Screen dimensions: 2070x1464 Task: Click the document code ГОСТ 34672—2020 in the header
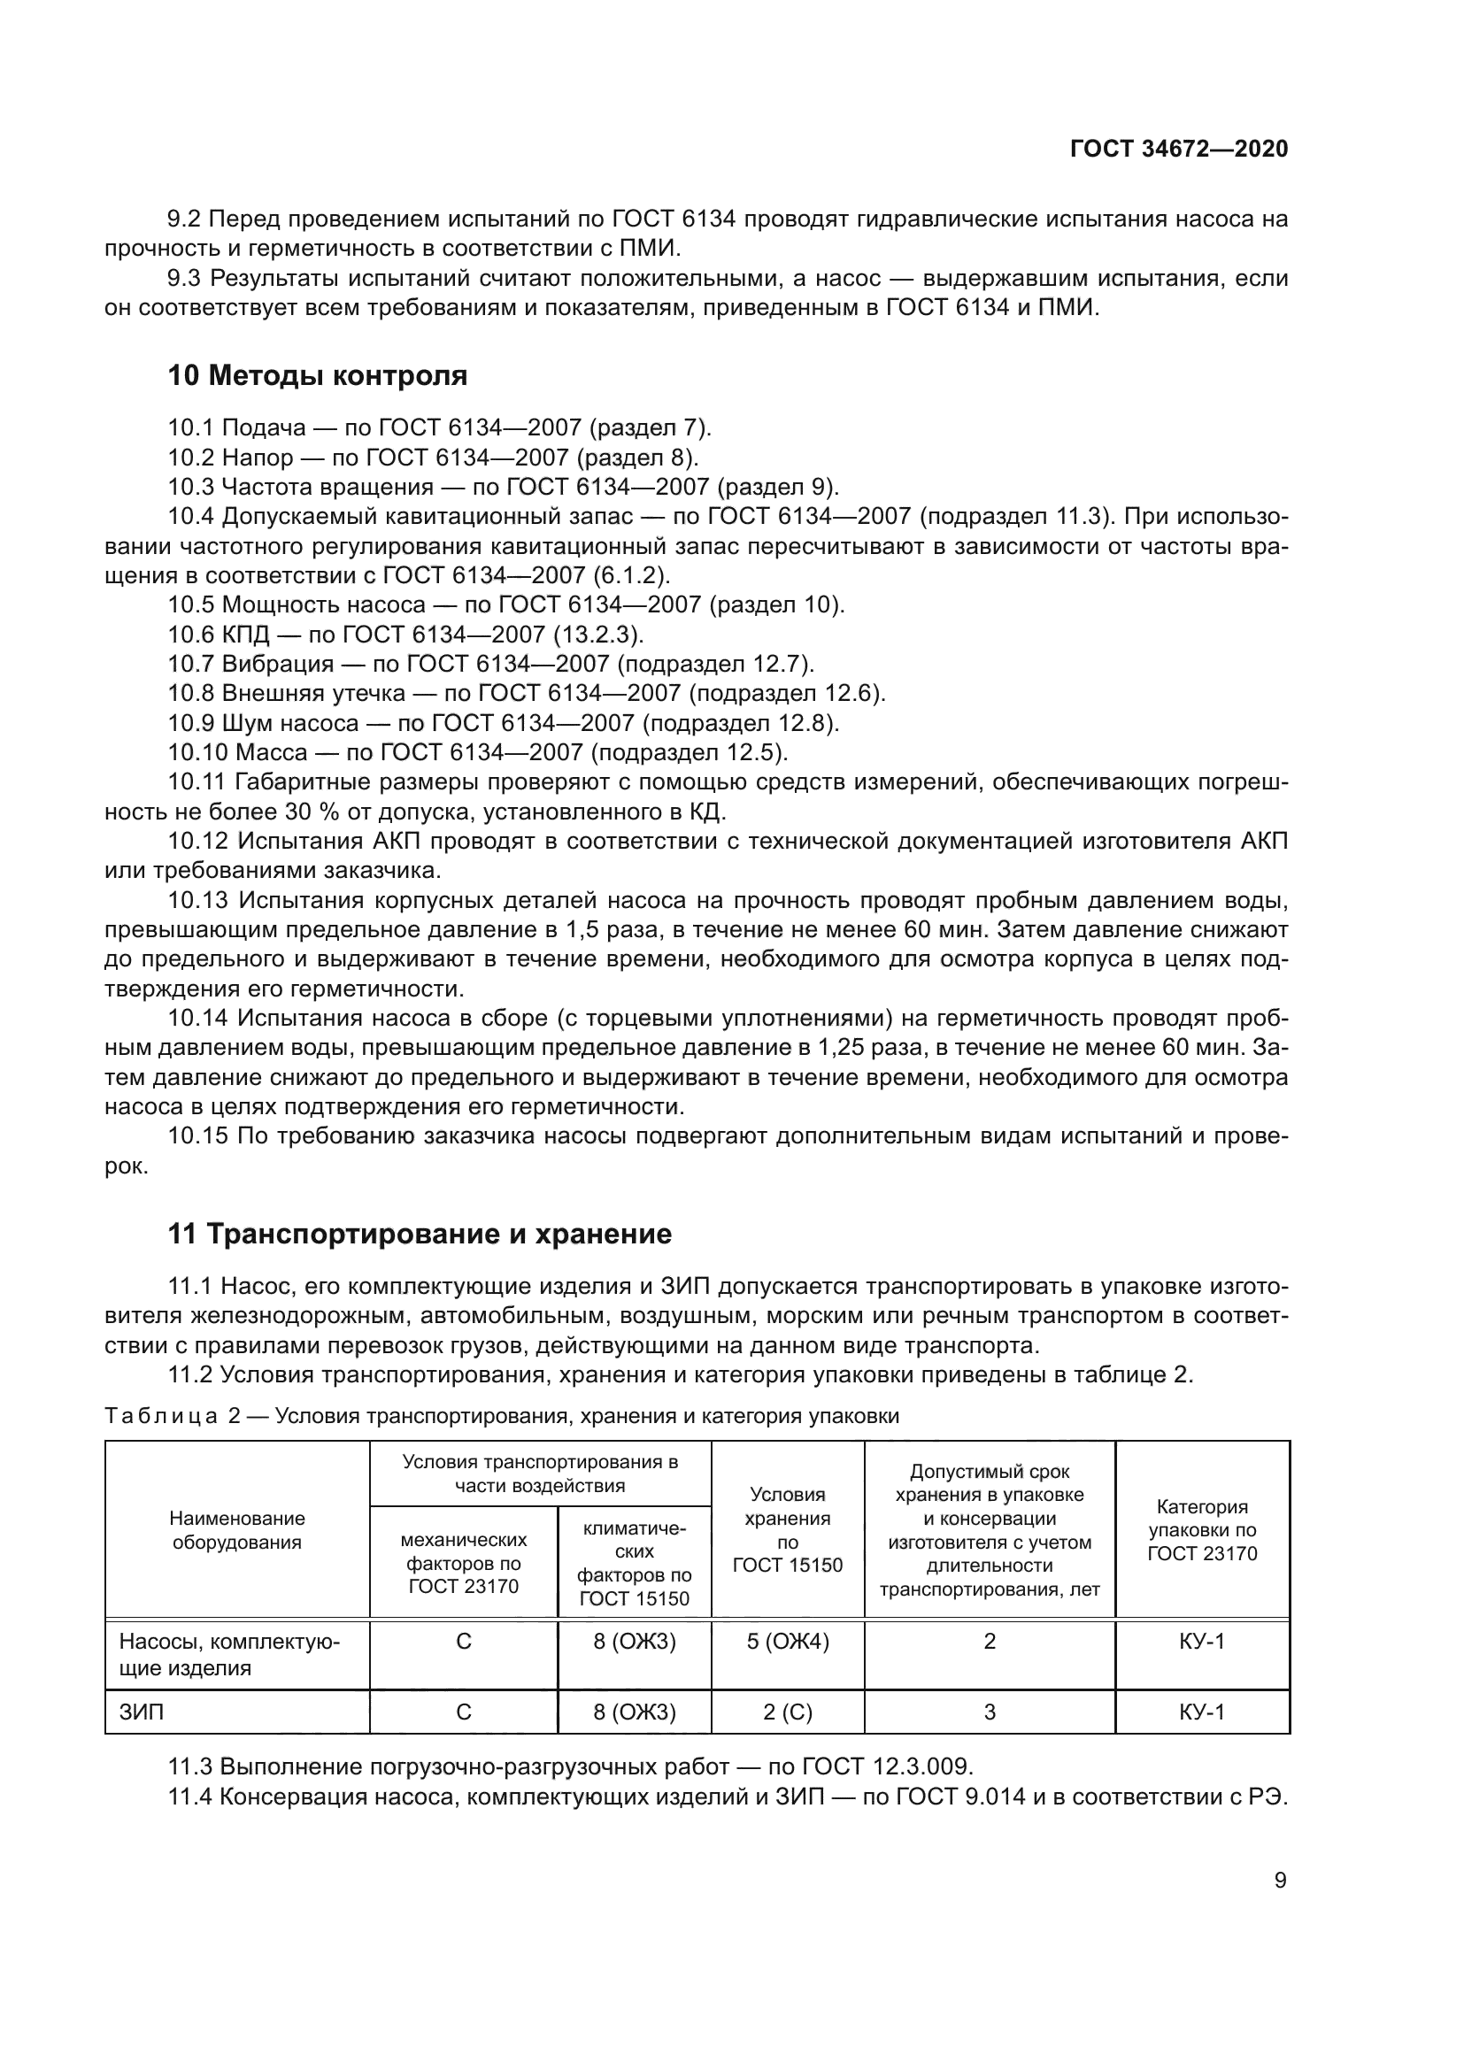pos(1178,149)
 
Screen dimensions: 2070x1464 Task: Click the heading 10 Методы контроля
pos(318,375)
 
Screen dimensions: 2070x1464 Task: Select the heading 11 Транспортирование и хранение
pos(420,1234)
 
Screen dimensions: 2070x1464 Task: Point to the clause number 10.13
pos(198,901)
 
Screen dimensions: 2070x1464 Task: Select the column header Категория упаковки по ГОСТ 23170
pos(1202,1530)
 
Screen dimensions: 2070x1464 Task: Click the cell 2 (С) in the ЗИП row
pos(787,1712)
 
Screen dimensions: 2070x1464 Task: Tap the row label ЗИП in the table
pos(142,1712)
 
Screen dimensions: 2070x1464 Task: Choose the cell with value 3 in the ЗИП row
pos(989,1712)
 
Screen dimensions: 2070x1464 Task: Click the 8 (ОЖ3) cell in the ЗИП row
pos(634,1712)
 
